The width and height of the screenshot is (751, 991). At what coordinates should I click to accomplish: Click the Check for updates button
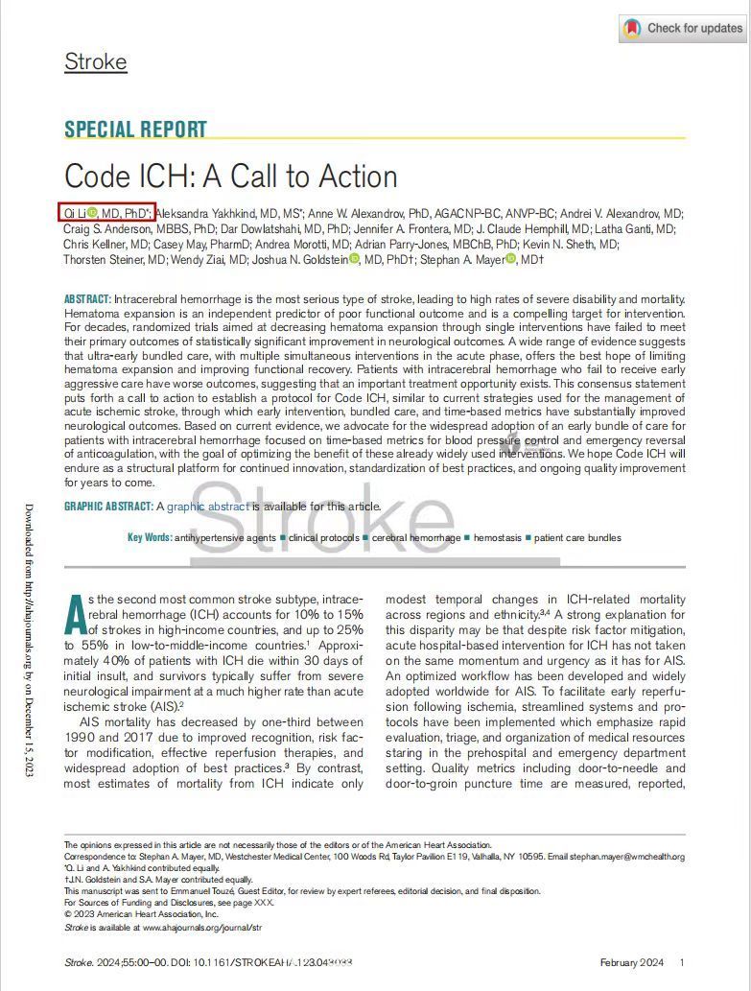pos(682,29)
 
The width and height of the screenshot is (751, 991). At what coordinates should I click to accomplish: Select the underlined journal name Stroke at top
pos(95,62)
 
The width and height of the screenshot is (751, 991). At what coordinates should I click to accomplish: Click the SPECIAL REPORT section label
pos(135,130)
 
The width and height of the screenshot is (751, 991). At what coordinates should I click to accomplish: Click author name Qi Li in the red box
pos(74,213)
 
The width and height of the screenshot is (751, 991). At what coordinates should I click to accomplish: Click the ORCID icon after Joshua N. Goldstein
pos(354,259)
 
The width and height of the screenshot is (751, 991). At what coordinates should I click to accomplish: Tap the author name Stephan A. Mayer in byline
pos(460,259)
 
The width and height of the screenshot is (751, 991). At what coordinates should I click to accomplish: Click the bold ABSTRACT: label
pos(87,299)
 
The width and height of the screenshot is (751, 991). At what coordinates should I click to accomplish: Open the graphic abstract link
pos(208,507)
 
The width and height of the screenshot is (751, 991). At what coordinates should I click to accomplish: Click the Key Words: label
pos(150,538)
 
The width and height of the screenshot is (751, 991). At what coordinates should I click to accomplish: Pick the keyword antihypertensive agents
pos(224,538)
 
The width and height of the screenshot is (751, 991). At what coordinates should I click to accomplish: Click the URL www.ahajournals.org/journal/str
pos(202,928)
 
